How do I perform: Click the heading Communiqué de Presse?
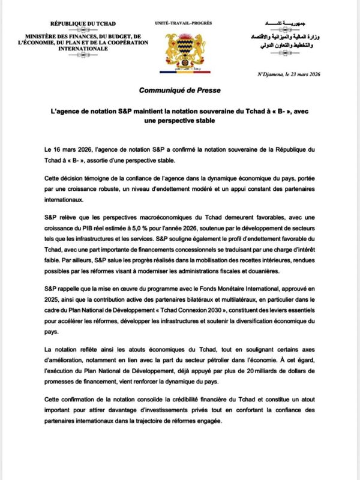tap(179, 90)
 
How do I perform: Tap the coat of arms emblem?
tap(180, 51)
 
